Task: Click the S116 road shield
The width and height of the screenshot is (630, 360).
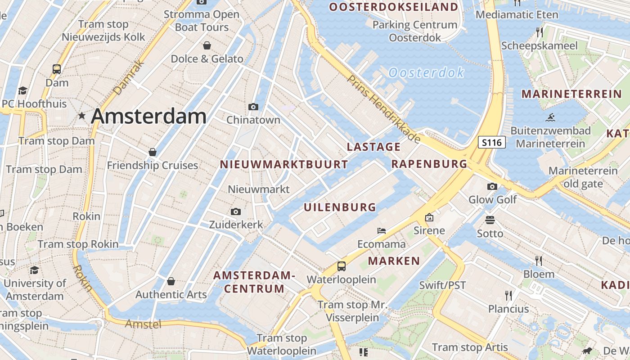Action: click(491, 143)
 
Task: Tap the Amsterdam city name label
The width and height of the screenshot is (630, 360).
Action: click(148, 117)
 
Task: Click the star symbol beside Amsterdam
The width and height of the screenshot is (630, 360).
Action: click(81, 116)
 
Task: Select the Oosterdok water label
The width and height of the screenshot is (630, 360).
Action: click(426, 72)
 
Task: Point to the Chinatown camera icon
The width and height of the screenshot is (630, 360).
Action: click(253, 107)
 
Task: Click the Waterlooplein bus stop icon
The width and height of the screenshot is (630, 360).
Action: click(342, 266)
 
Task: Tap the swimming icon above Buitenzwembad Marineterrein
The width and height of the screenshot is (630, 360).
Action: click(550, 118)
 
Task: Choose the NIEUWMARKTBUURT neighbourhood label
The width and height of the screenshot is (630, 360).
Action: click(284, 164)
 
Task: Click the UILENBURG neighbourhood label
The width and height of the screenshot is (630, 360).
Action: click(340, 207)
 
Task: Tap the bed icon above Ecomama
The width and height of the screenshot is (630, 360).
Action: click(382, 231)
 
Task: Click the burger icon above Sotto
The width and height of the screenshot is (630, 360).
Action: click(490, 220)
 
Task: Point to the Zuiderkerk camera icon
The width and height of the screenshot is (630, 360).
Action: click(235, 211)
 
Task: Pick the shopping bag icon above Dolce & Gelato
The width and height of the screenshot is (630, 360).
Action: click(207, 45)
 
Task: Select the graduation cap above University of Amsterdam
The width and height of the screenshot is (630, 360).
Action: click(34, 270)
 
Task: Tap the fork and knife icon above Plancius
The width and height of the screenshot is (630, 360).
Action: click(508, 295)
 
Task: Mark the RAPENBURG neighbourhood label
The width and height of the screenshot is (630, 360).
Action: click(429, 164)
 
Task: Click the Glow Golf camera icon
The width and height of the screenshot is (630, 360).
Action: click(492, 186)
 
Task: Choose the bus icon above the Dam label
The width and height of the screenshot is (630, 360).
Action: click(57, 69)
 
